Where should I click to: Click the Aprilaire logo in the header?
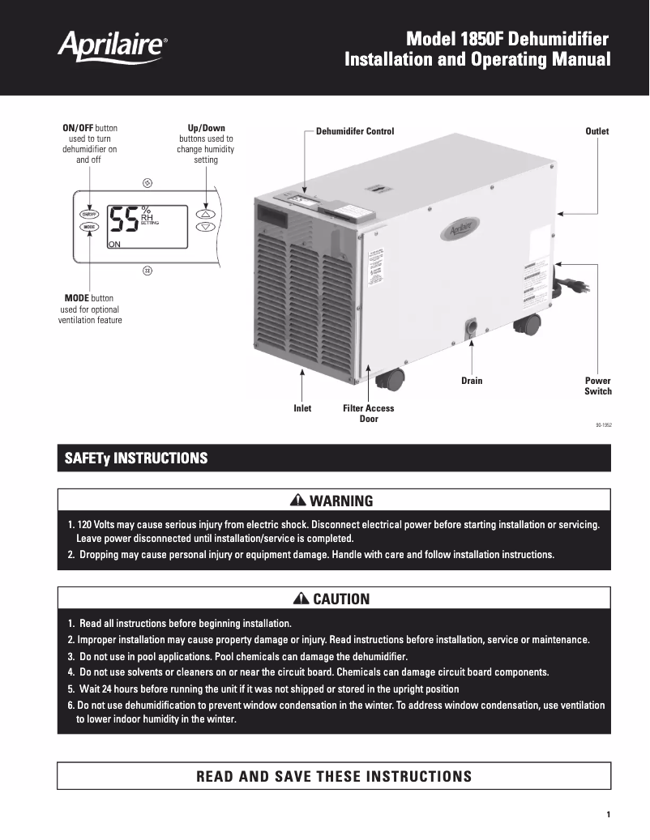(x=113, y=46)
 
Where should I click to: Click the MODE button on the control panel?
(x=88, y=228)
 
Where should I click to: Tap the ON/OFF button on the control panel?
(x=88, y=215)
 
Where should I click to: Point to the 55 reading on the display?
(x=124, y=220)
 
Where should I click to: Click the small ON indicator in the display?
(x=114, y=245)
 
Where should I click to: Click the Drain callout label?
(x=472, y=381)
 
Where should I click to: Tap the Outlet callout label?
(x=597, y=131)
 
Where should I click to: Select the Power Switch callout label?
(x=598, y=386)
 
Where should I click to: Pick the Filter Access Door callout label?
(x=368, y=413)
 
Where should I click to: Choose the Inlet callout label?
(x=302, y=408)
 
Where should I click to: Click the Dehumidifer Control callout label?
(x=355, y=131)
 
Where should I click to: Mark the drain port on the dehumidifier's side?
(x=472, y=329)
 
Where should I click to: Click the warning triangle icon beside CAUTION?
(x=301, y=599)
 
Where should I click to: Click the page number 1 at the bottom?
(x=608, y=814)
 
